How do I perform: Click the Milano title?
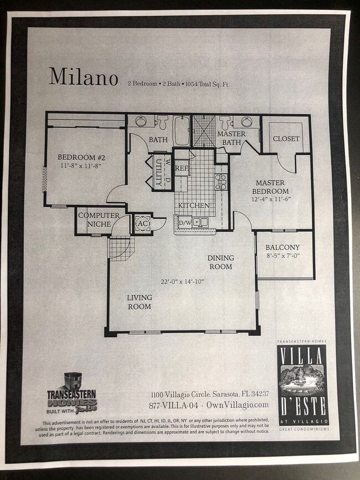click(x=83, y=77)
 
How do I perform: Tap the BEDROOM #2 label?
click(x=82, y=157)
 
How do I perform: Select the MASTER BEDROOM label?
click(x=270, y=187)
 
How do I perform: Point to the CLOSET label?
click(x=286, y=138)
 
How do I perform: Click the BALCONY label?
click(x=282, y=247)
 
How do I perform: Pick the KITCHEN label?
click(x=194, y=205)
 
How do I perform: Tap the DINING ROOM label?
click(x=220, y=262)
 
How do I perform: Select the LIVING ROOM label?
click(x=140, y=302)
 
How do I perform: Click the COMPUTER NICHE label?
click(x=99, y=219)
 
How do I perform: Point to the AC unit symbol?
click(x=142, y=223)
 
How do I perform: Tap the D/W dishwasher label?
click(x=184, y=223)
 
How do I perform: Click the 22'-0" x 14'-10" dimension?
click(x=182, y=281)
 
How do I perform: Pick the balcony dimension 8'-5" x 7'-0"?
click(x=282, y=257)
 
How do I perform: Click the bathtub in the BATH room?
click(x=181, y=130)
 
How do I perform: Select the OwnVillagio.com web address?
click(x=238, y=405)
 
